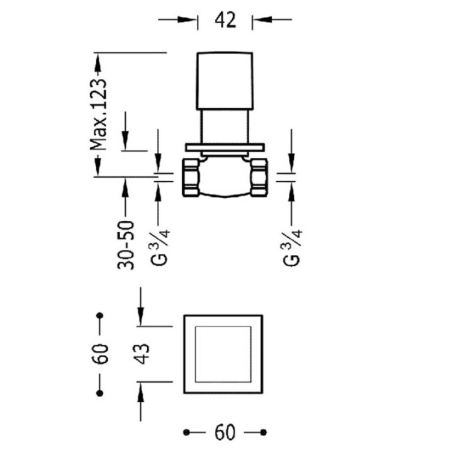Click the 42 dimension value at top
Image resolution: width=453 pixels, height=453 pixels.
point(225,20)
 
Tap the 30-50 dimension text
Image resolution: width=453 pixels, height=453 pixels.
point(126,245)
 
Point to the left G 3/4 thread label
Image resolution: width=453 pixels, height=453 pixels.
point(160,247)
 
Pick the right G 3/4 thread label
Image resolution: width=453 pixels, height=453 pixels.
point(293,247)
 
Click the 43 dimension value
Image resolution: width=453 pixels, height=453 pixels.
point(142,354)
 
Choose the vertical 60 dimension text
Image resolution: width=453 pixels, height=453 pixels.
point(99,354)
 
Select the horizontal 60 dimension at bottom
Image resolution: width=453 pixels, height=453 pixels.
point(225,432)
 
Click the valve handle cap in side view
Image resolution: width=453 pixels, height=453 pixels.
point(225,81)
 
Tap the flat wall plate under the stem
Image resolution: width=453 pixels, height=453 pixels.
point(225,147)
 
